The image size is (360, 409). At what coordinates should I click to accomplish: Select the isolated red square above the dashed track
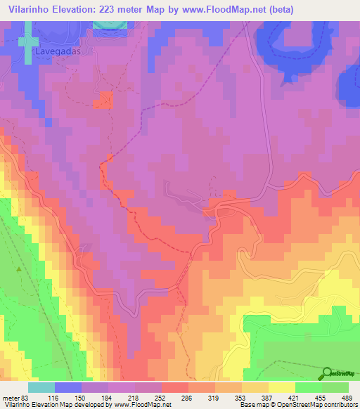pyautogui.click(x=106, y=100)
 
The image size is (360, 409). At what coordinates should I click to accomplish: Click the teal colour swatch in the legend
pyautogui.click(x=41, y=388)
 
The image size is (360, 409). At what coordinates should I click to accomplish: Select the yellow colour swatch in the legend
pyautogui.click(x=281, y=388)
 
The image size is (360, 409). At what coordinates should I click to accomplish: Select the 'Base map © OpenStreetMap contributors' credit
pyautogui.click(x=297, y=405)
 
